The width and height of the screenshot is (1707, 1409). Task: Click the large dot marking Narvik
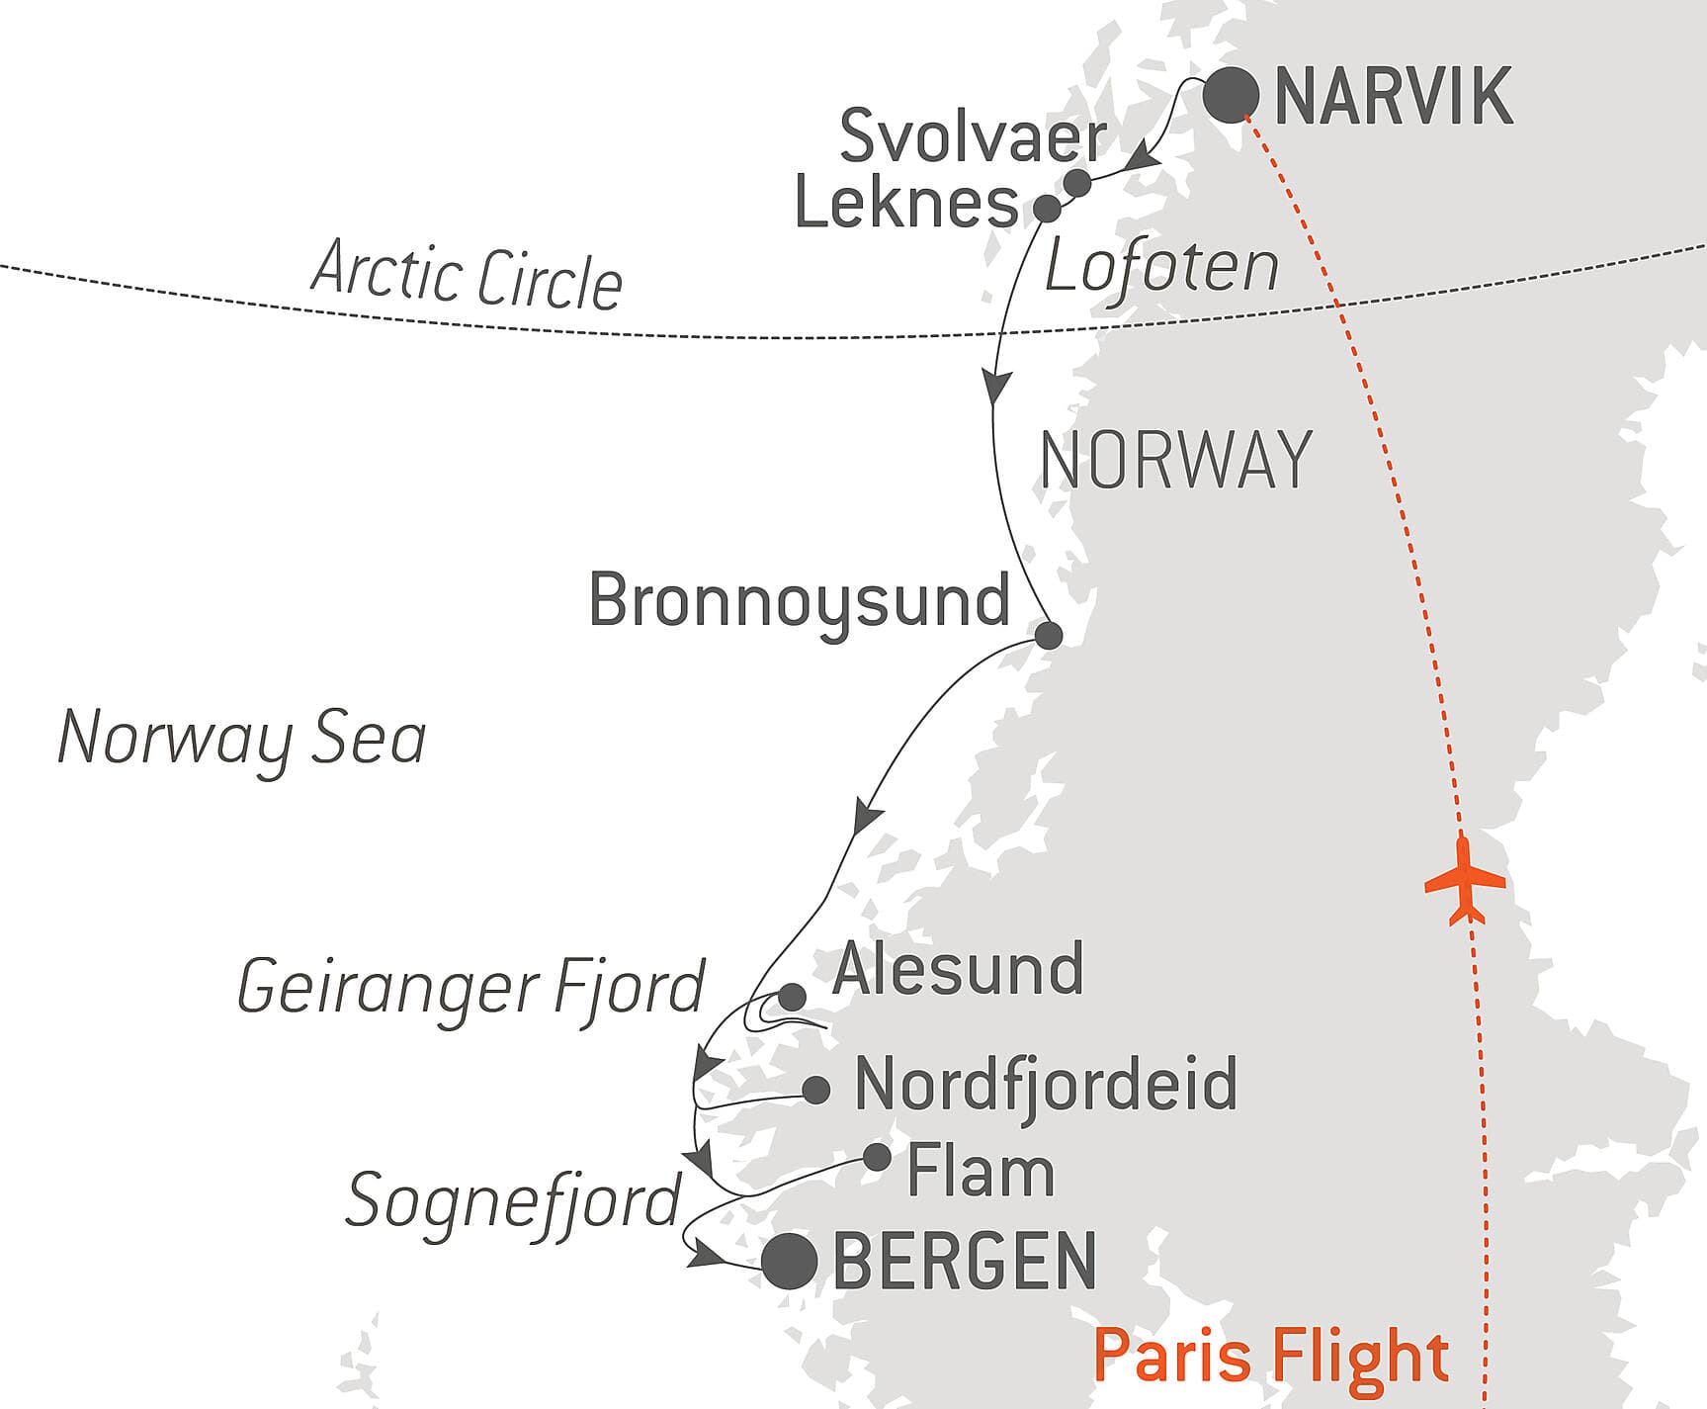(1232, 96)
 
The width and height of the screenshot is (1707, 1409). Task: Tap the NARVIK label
(1394, 97)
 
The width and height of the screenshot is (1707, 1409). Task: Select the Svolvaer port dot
(1077, 183)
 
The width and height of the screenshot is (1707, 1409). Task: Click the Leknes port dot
(1047, 209)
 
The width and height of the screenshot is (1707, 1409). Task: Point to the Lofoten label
(1161, 267)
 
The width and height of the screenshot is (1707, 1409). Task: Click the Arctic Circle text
(467, 274)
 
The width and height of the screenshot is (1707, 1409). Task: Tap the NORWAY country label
(1176, 460)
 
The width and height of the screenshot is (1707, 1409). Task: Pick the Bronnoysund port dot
(1048, 635)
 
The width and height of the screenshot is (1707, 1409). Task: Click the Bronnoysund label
(799, 601)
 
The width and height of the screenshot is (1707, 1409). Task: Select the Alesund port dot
(792, 997)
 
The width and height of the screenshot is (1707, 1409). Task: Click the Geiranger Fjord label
(470, 987)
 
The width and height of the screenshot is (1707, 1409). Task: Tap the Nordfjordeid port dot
(815, 1091)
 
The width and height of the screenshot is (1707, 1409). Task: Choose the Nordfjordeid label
(1045, 1084)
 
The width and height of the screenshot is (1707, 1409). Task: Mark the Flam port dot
(877, 1157)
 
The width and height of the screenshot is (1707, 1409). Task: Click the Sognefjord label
(513, 1200)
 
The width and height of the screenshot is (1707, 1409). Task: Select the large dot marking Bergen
(790, 1262)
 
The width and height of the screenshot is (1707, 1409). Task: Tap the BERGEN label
(965, 1261)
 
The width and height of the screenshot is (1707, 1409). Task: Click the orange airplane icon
(1465, 880)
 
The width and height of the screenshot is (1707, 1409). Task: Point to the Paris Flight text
(1271, 1356)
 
